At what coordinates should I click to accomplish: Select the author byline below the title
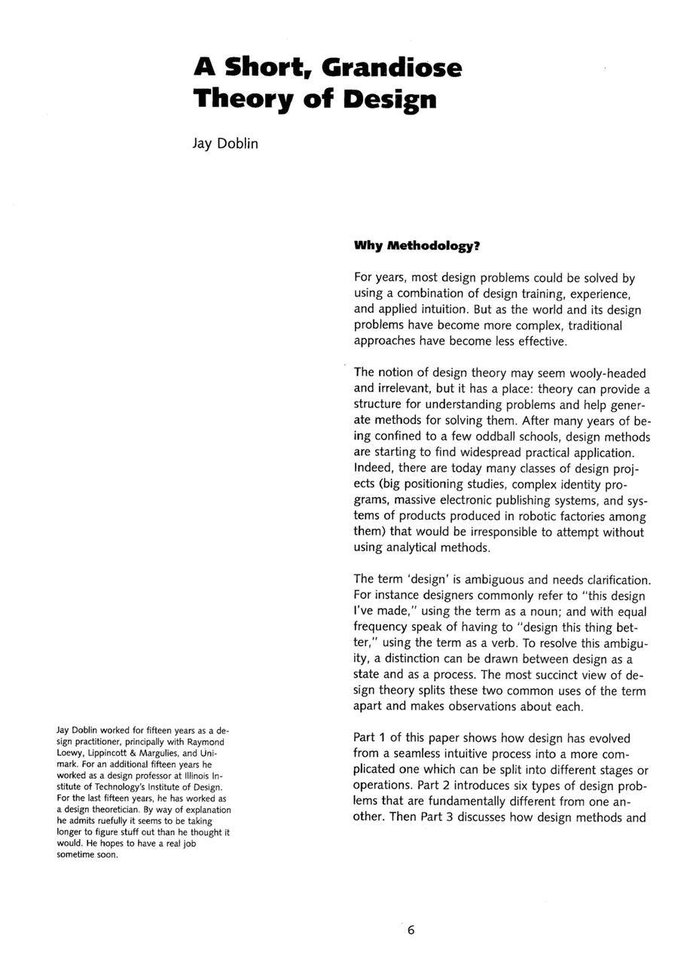[225, 143]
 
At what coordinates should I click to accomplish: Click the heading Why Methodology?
[417, 246]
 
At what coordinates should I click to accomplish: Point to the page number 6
[411, 930]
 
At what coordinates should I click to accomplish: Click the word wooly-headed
[606, 373]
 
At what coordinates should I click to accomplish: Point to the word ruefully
[110, 821]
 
